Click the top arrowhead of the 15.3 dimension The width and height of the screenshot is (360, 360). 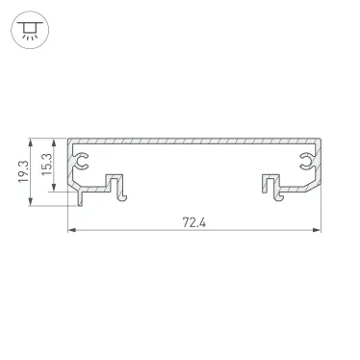tap(56, 138)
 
